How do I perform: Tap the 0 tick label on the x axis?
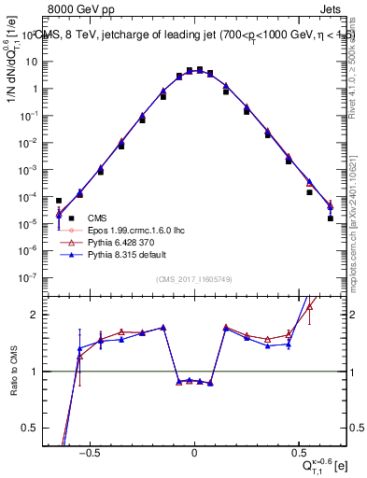(194, 452)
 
